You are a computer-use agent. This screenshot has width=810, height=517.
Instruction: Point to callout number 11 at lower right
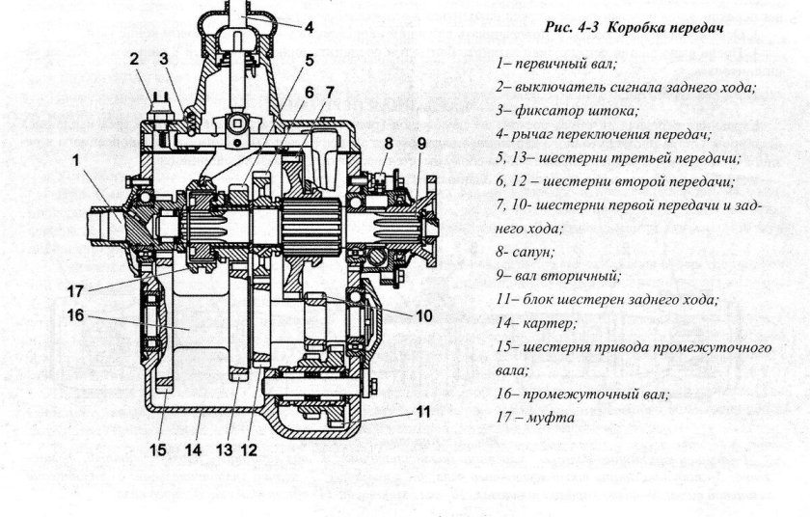[421, 414]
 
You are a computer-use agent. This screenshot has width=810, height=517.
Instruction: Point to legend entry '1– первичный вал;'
[560, 63]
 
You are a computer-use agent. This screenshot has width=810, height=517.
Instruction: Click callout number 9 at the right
[420, 144]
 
